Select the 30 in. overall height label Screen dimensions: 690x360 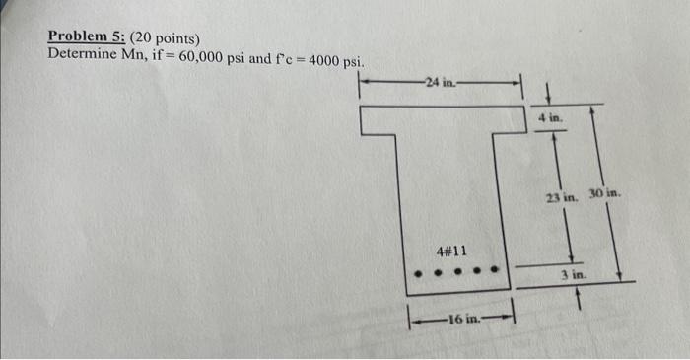[x=605, y=194]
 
